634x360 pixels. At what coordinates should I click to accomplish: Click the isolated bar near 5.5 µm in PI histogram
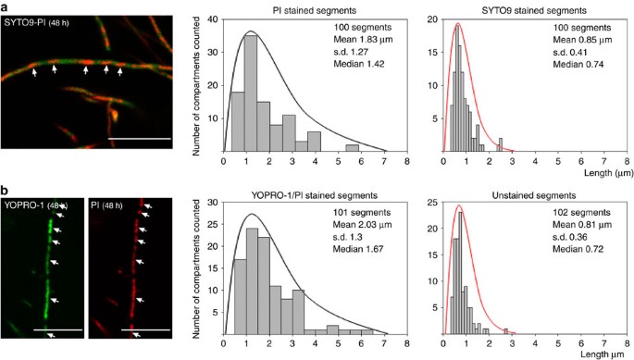click(x=351, y=146)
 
